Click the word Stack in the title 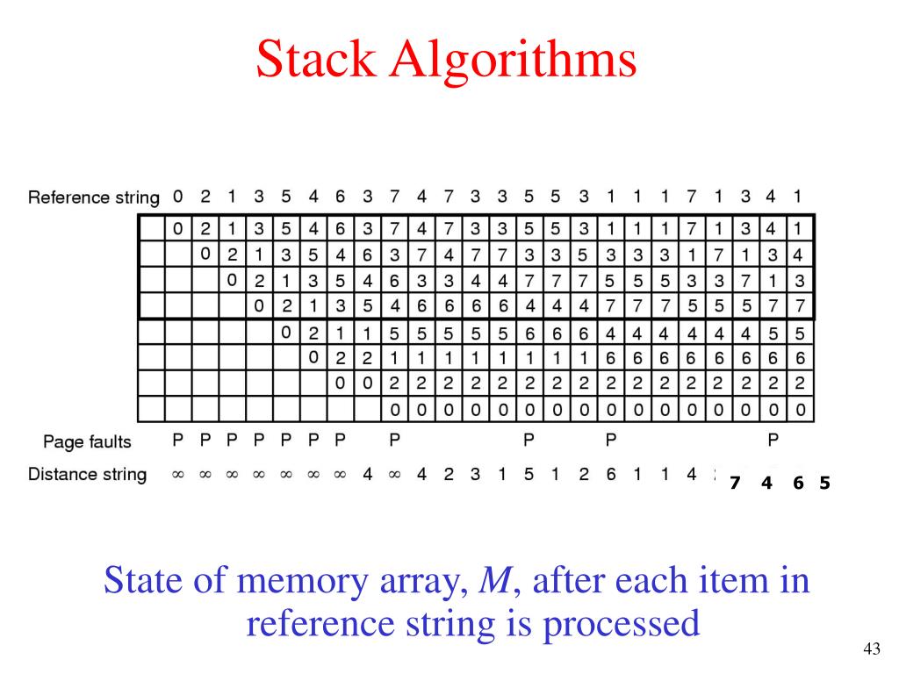pyautogui.click(x=315, y=59)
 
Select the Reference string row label pyautogui.click(x=93, y=197)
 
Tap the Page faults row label pyautogui.click(x=87, y=442)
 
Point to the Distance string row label pyautogui.click(x=87, y=475)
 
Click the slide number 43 pyautogui.click(x=872, y=649)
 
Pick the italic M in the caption pyautogui.click(x=495, y=580)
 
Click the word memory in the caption pyautogui.click(x=302, y=582)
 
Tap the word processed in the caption pyautogui.click(x=622, y=625)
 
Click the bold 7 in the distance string pyautogui.click(x=735, y=484)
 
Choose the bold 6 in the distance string pyautogui.click(x=798, y=484)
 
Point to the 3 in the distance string pyautogui.click(x=475, y=474)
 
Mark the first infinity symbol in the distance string pyautogui.click(x=178, y=475)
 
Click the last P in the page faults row pyautogui.click(x=773, y=441)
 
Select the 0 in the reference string pyautogui.click(x=177, y=197)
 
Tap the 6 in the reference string pyautogui.click(x=340, y=197)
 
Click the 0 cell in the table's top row pyautogui.click(x=177, y=229)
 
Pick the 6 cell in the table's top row pyautogui.click(x=341, y=229)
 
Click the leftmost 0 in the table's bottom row pyautogui.click(x=394, y=410)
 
